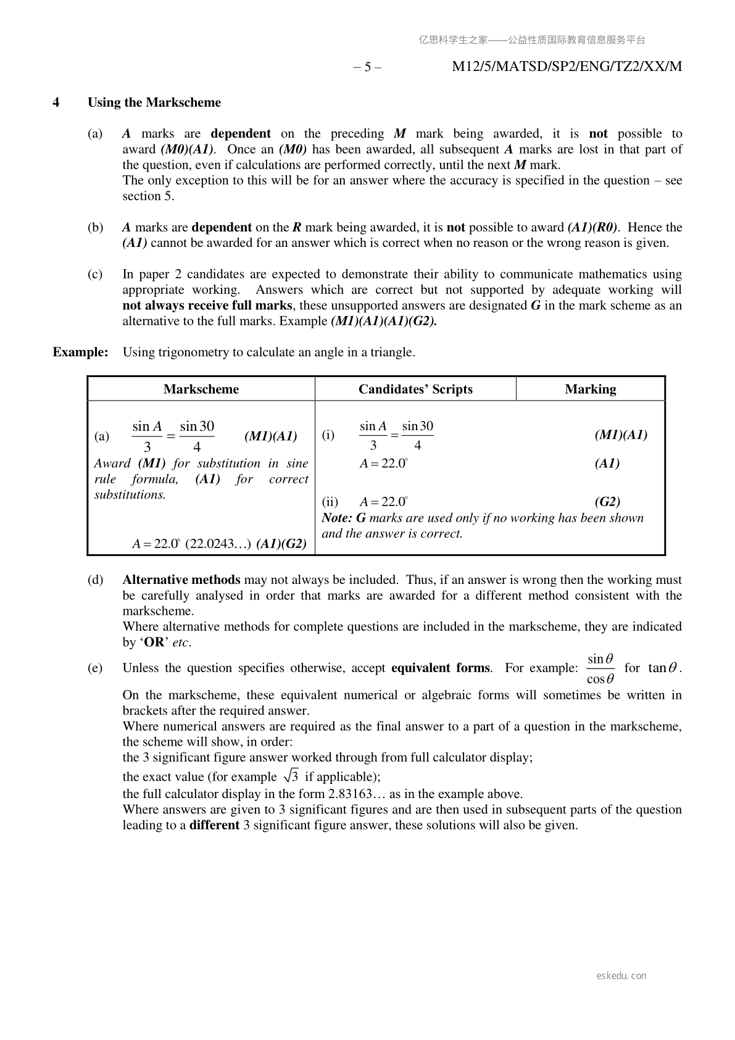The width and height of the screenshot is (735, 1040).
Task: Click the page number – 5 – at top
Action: pyautogui.click(x=367, y=67)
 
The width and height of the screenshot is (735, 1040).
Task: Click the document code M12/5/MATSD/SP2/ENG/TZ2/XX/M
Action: pyautogui.click(x=567, y=67)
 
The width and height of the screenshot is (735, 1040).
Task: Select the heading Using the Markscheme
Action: pyautogui.click(x=154, y=102)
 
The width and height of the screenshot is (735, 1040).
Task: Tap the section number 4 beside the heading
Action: pyautogui.click(x=56, y=102)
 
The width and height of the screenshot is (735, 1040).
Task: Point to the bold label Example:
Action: pyautogui.click(x=80, y=352)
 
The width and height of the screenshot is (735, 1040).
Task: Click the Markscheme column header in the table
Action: pyautogui.click(x=201, y=389)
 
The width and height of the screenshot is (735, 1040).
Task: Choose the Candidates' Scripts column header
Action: pyautogui.click(x=415, y=389)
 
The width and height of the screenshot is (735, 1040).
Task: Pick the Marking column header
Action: pyautogui.click(x=591, y=389)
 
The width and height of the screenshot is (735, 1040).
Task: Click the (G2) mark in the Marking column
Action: pyautogui.click(x=607, y=502)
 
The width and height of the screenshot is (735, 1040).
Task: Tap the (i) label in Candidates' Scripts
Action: pyautogui.click(x=328, y=435)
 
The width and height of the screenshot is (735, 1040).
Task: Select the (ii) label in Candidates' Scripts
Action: pyautogui.click(x=330, y=502)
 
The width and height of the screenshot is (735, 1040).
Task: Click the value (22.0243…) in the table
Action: pyautogui.click(x=218, y=544)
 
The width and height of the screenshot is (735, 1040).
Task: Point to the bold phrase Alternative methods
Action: pyautogui.click(x=181, y=580)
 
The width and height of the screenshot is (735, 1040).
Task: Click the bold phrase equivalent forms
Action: pyautogui.click(x=441, y=668)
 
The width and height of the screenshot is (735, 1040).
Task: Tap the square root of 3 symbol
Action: pyautogui.click(x=291, y=776)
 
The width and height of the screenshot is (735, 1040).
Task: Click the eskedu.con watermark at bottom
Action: pyautogui.click(x=621, y=976)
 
